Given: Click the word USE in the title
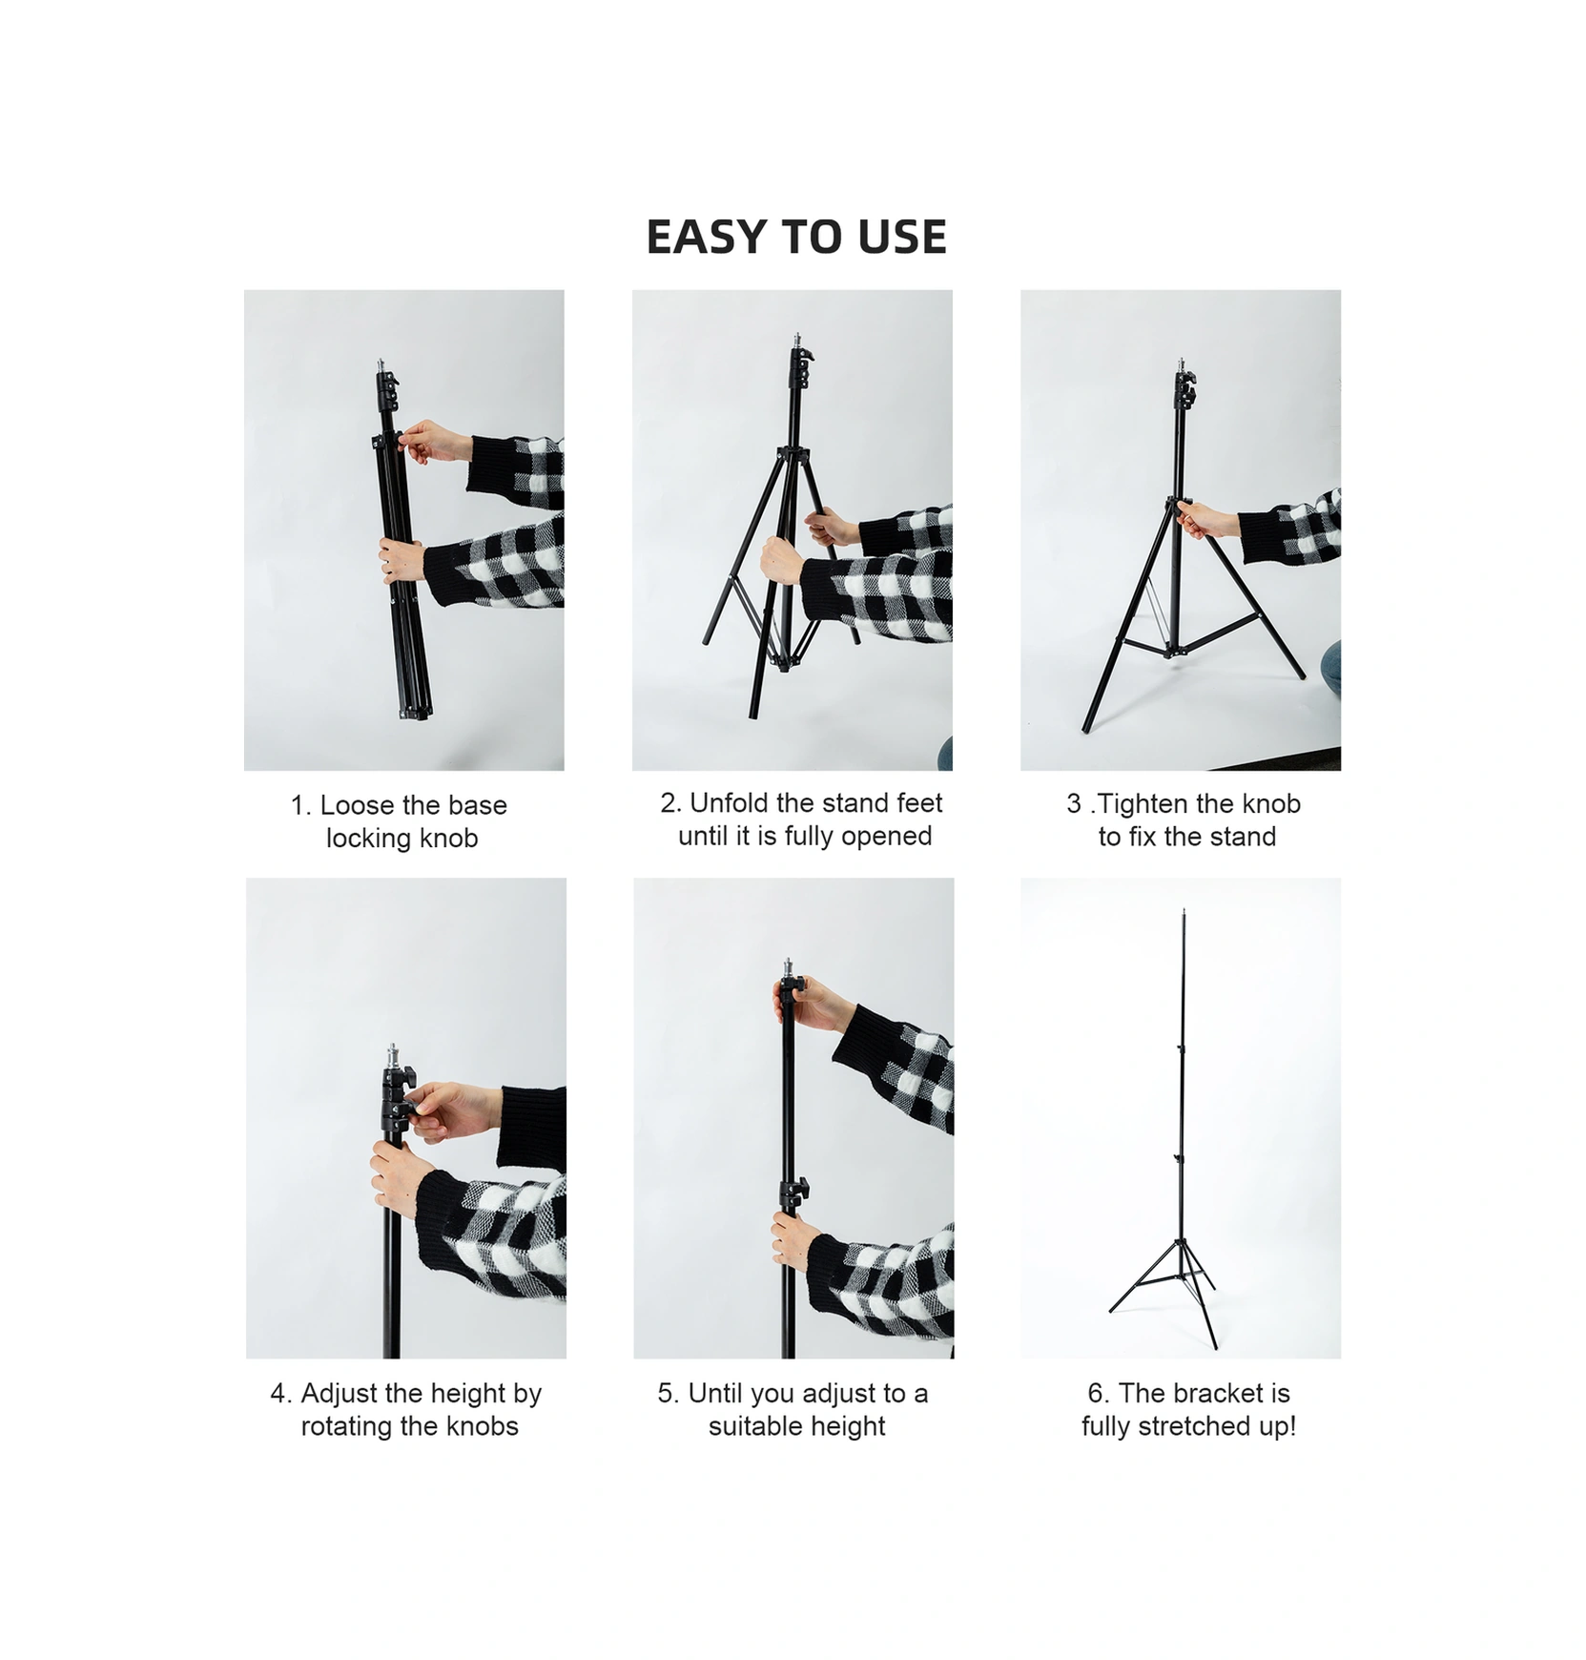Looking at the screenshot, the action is (x=902, y=237).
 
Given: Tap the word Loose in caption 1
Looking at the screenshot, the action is (x=359, y=805).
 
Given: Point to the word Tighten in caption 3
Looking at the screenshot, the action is (x=1144, y=804).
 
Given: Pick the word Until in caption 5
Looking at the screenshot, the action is (x=715, y=1394).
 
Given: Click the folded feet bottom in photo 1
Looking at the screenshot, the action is (x=412, y=711).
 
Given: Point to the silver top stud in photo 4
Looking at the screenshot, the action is (x=393, y=1056).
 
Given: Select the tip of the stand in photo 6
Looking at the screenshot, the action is (x=1184, y=911).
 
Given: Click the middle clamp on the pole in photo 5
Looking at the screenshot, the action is (x=793, y=1193).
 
